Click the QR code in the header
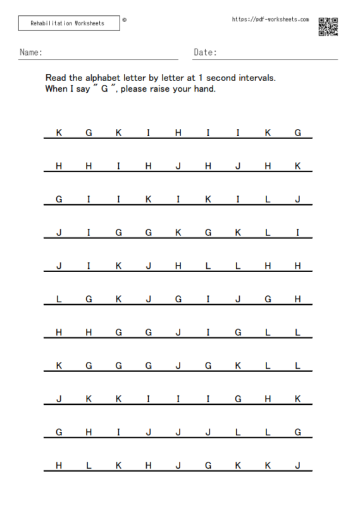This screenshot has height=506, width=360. [328, 27]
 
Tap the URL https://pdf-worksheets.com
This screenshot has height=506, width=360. [270, 20]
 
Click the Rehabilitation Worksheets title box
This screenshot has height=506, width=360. [68, 23]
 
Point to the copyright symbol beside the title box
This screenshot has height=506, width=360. [124, 20]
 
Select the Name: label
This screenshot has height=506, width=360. [31, 52]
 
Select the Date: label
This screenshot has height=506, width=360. [205, 52]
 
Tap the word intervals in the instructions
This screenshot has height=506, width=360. [254, 78]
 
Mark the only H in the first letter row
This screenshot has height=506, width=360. [178, 133]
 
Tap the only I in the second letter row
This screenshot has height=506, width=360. [118, 166]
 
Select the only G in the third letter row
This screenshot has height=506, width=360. [59, 199]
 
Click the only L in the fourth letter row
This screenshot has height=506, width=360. [268, 233]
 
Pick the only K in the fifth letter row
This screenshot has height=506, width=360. [118, 266]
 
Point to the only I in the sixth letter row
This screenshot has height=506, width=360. [208, 299]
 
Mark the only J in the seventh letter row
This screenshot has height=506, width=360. [178, 333]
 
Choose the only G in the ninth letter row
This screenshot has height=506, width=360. [238, 399]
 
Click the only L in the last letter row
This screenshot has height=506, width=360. [89, 466]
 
